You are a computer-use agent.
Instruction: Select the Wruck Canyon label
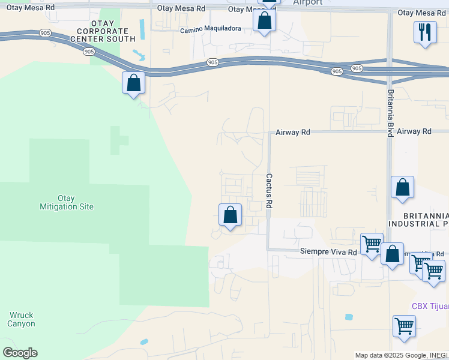pos(22,319)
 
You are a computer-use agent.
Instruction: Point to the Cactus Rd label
pos(270,191)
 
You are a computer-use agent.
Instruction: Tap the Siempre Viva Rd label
pos(328,253)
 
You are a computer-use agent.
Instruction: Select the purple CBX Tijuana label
pos(430,306)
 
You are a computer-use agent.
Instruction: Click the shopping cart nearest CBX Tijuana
pos(405,326)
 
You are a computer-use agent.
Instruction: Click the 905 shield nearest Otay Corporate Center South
pos(89,52)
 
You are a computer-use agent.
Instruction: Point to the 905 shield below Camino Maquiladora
pos(212,62)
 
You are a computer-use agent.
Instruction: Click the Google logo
pos(20,353)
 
